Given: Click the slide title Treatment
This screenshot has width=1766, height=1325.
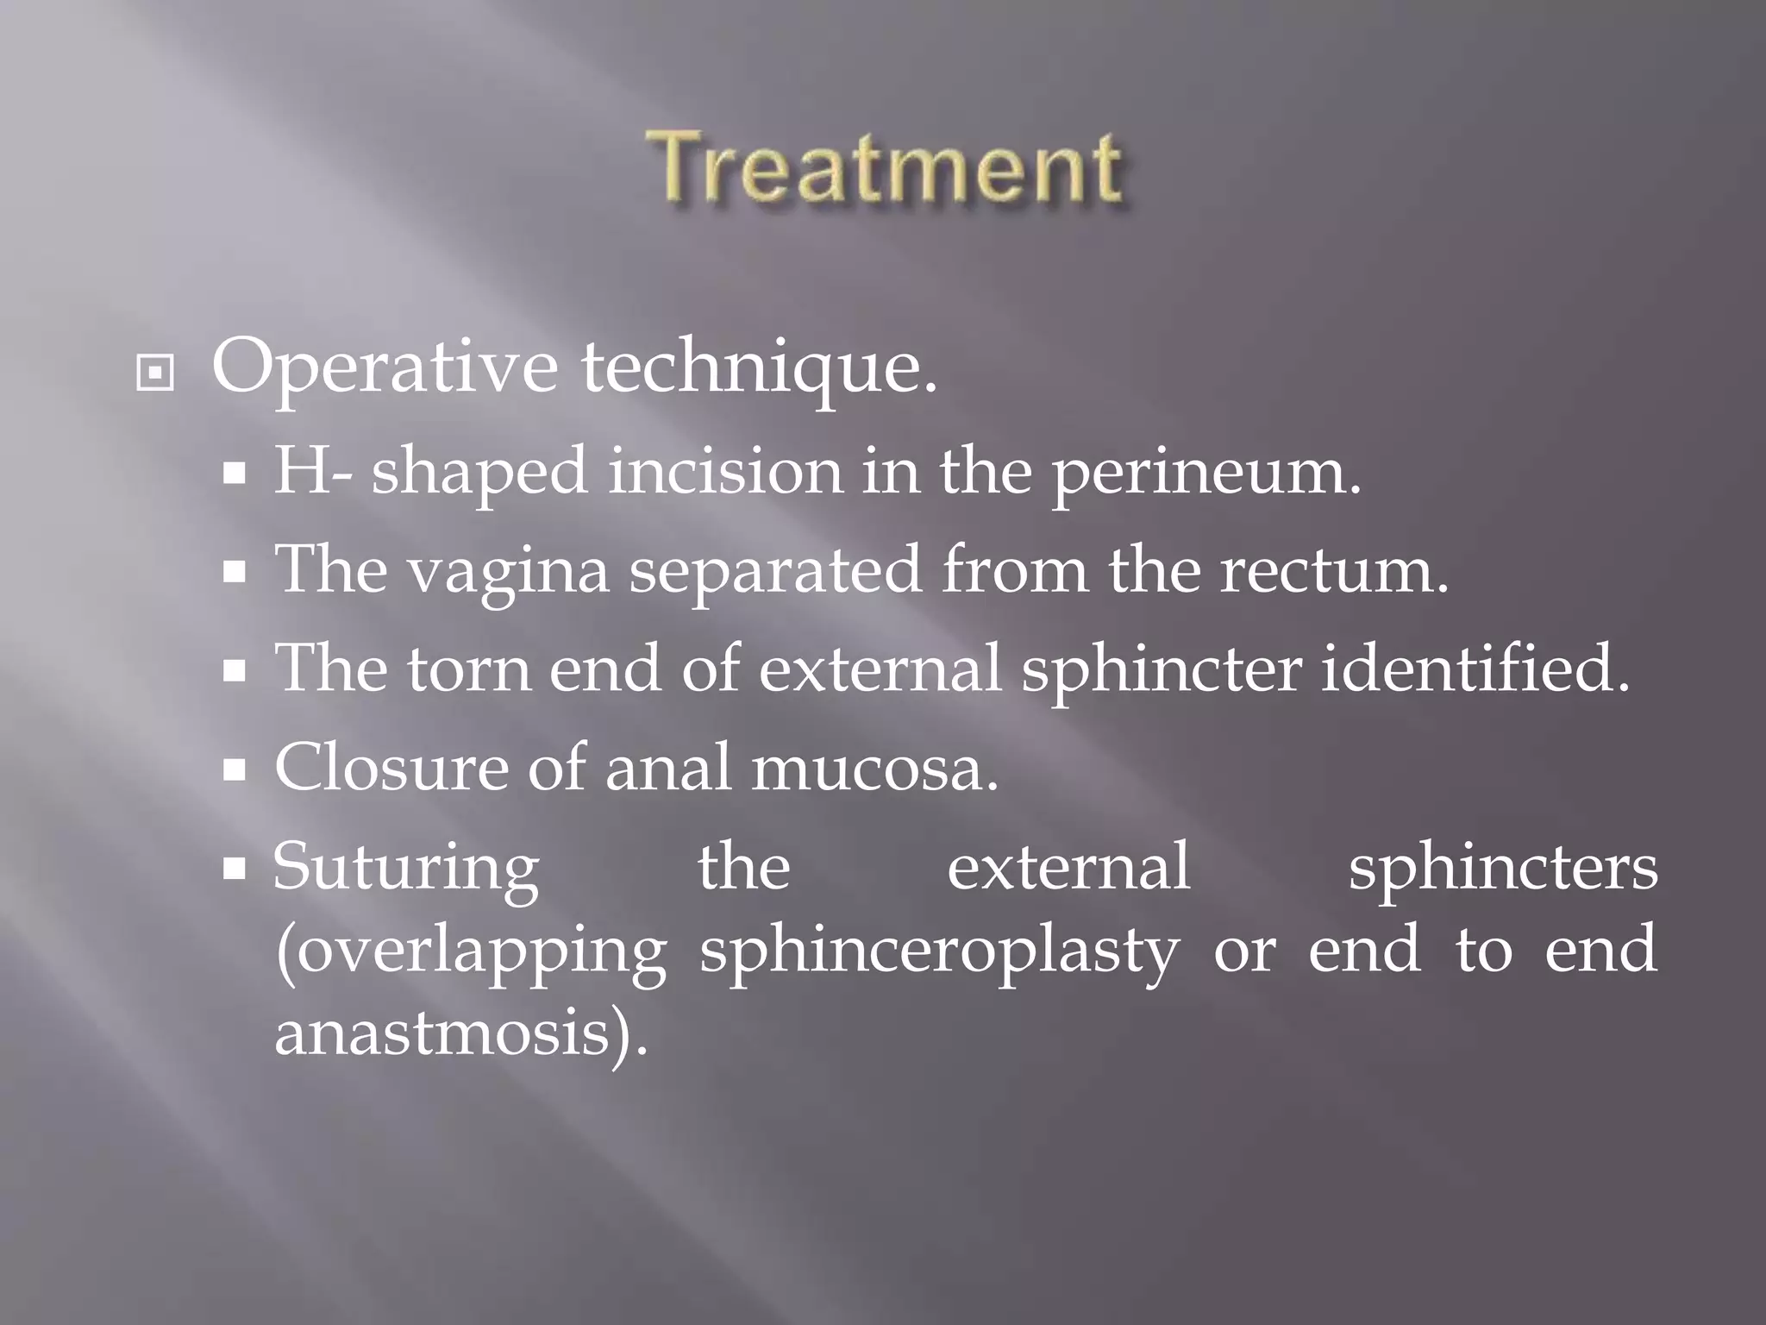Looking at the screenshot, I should [x=886, y=167].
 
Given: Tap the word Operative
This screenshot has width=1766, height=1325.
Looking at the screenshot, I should [x=385, y=367].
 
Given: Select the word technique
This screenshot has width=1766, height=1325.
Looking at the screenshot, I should [x=759, y=367].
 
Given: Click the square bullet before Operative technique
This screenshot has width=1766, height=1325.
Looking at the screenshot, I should [x=155, y=373].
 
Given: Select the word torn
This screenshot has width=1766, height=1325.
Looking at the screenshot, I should [x=469, y=669].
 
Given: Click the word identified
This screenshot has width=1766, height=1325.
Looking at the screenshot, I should [x=1475, y=669].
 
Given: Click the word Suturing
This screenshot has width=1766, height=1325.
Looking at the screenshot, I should [x=406, y=868].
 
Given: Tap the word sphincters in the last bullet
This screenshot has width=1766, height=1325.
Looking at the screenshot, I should [x=1503, y=868].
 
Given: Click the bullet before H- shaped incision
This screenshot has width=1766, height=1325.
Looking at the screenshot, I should [x=235, y=474].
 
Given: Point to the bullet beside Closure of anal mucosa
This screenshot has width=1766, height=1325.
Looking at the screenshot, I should [x=235, y=769].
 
